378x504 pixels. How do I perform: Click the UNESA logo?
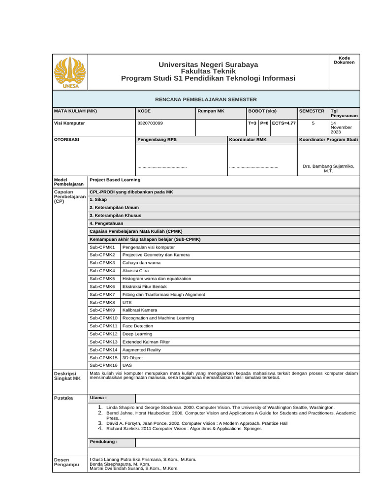pos(69,72)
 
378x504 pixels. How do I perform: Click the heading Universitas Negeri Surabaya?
pos(208,65)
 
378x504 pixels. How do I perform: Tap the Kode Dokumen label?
pos(344,60)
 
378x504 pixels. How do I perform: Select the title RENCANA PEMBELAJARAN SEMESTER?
pos(206,99)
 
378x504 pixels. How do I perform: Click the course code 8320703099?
pos(150,123)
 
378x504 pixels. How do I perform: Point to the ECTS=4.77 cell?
pos(283,123)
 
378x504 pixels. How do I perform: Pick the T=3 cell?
pos(252,123)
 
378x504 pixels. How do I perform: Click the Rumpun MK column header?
pos(211,111)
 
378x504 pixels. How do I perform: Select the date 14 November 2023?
pos(341,127)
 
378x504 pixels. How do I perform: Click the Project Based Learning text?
pos(115,180)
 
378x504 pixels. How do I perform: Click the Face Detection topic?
pos(134,326)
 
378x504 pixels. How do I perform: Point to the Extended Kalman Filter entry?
pos(146,342)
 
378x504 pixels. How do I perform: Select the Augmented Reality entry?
pos(141,349)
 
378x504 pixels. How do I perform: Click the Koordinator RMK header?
pos(248,140)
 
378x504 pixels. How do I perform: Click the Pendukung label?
pos(103,441)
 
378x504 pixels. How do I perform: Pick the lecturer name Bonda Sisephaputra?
pos(120,464)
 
